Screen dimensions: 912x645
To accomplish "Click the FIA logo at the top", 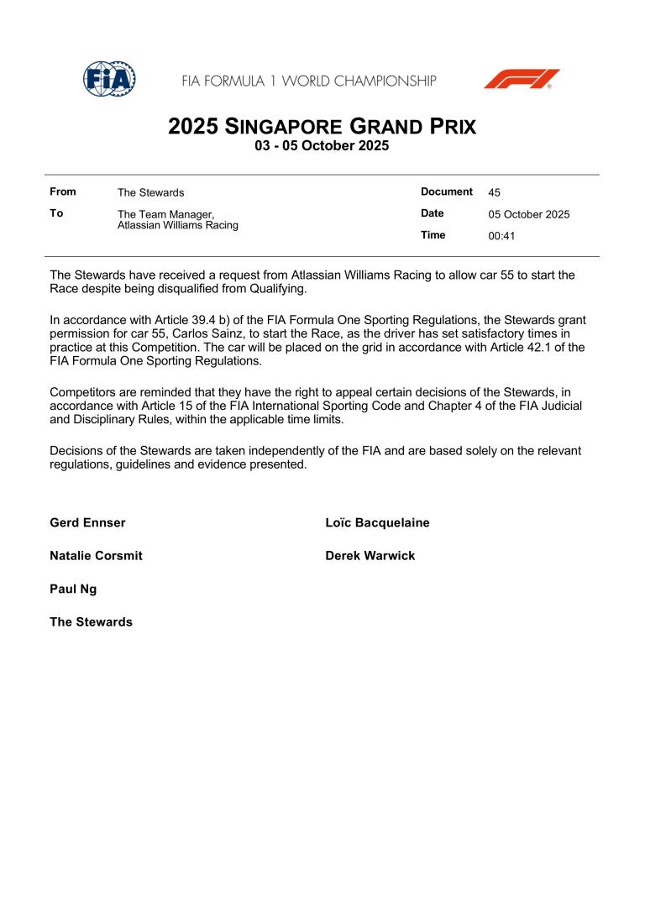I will pyautogui.click(x=109, y=79).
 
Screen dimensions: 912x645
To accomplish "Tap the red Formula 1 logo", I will pyautogui.click(x=522, y=79).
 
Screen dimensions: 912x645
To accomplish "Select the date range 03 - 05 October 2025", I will pyautogui.click(x=322, y=146).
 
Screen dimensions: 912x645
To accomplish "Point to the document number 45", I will pyautogui.click(x=494, y=192).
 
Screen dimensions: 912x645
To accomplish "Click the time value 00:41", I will pyautogui.click(x=501, y=236).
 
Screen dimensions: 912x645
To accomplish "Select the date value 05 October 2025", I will pyautogui.click(x=528, y=214).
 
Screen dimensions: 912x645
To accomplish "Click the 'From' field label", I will pyautogui.click(x=63, y=192).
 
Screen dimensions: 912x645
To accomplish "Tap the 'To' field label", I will pyautogui.click(x=56, y=213).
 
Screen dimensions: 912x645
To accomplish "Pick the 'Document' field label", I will pyautogui.click(x=447, y=191).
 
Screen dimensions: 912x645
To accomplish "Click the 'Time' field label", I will pyautogui.click(x=433, y=235).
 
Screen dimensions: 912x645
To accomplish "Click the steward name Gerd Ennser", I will pyautogui.click(x=87, y=523).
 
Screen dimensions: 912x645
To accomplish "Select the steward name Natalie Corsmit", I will pyautogui.click(x=96, y=556).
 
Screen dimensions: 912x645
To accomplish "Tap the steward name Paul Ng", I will pyautogui.click(x=73, y=589).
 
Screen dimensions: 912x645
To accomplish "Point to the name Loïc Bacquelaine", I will pyautogui.click(x=377, y=523).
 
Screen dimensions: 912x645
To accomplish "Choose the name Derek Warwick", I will pyautogui.click(x=370, y=556).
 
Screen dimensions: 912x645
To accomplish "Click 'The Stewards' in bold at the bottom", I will pyautogui.click(x=91, y=622).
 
